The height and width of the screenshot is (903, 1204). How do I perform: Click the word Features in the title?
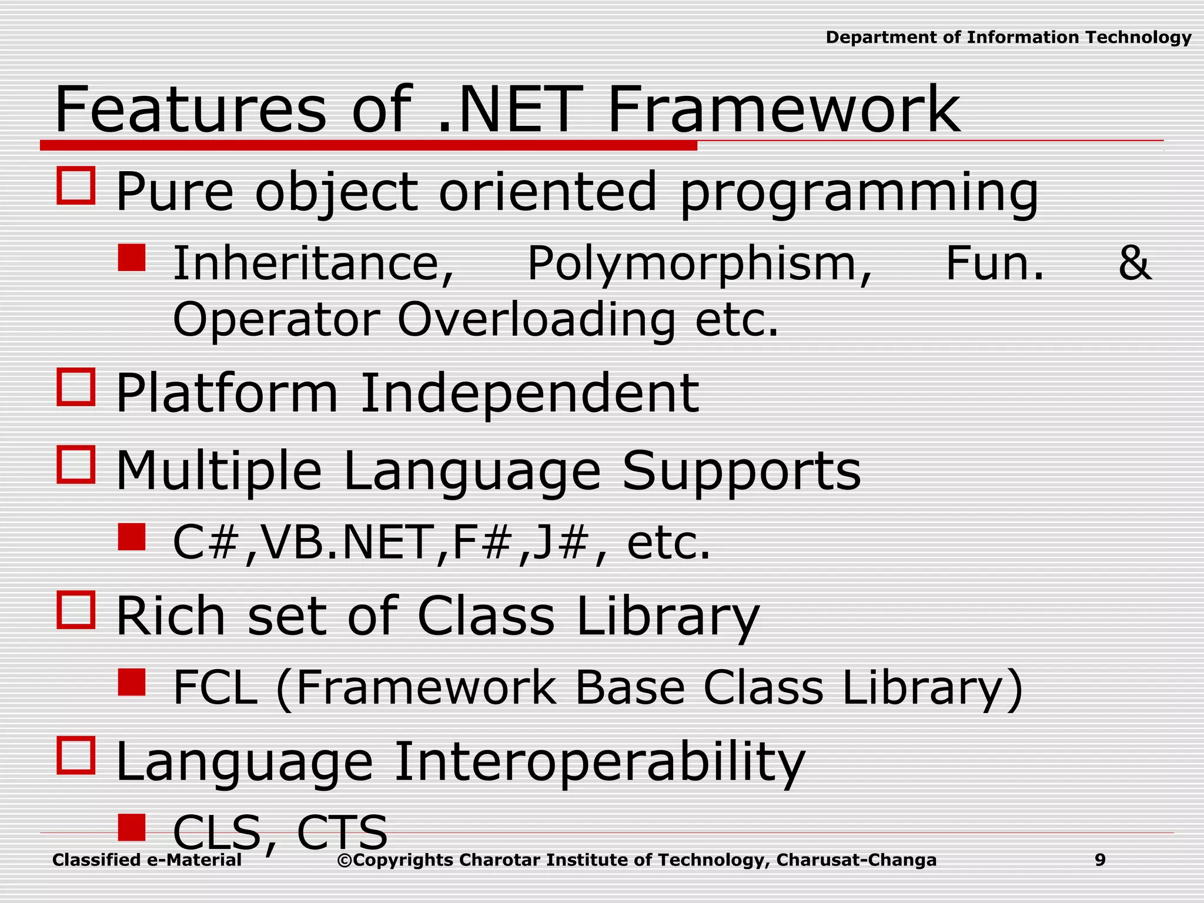coord(189,110)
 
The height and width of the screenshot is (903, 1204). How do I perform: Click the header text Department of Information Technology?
coord(1008,38)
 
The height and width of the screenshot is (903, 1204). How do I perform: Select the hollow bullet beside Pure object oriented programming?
coord(76,186)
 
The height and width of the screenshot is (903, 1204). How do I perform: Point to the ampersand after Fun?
coord(1133,263)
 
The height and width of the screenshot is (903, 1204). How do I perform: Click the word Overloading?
coord(536,320)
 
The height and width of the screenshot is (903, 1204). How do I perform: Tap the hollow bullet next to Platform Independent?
coord(76,387)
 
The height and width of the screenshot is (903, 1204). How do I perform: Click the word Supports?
coord(741,471)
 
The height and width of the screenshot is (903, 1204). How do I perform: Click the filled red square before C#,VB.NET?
coord(131,537)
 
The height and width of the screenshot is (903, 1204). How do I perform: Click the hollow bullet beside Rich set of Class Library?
coord(76,610)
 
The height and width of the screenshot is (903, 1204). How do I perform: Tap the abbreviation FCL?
coord(215,688)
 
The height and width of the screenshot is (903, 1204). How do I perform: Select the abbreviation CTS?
coord(342,832)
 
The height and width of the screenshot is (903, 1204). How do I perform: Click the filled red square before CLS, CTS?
coord(131,827)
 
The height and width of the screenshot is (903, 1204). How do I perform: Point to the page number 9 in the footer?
coord(1100,860)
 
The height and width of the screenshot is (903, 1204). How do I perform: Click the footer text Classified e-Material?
coord(147,860)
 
